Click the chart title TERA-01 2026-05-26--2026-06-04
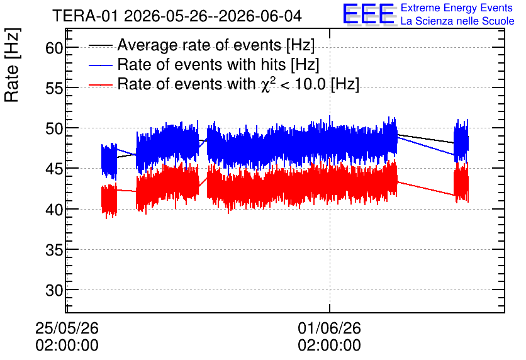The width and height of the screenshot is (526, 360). click(x=177, y=16)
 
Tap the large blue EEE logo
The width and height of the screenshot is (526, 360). click(x=369, y=14)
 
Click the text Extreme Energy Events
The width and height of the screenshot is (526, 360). click(x=457, y=8)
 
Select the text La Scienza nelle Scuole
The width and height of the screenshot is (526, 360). click(x=457, y=21)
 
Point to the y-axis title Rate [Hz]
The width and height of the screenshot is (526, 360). click(x=12, y=65)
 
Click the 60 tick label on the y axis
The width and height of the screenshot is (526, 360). click(x=54, y=48)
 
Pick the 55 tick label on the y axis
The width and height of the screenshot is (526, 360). click(x=54, y=88)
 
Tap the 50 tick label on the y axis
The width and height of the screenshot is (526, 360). click(x=54, y=128)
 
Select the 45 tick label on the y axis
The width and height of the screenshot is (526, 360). click(x=54, y=169)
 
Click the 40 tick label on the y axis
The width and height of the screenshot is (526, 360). click(x=54, y=210)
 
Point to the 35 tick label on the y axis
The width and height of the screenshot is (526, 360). click(x=54, y=250)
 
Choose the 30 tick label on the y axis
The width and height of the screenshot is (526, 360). click(x=54, y=290)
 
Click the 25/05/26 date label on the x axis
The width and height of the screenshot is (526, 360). click(x=67, y=328)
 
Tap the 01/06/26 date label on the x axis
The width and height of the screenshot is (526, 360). click(x=329, y=328)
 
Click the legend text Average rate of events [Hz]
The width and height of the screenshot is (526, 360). click(x=216, y=45)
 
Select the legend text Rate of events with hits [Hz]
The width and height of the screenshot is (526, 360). click(x=218, y=64)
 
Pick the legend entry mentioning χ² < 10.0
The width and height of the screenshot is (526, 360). click(x=238, y=84)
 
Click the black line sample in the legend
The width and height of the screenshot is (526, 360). click(x=101, y=45)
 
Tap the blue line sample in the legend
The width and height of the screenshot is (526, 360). click(x=101, y=65)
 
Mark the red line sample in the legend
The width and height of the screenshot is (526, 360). click(x=101, y=85)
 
